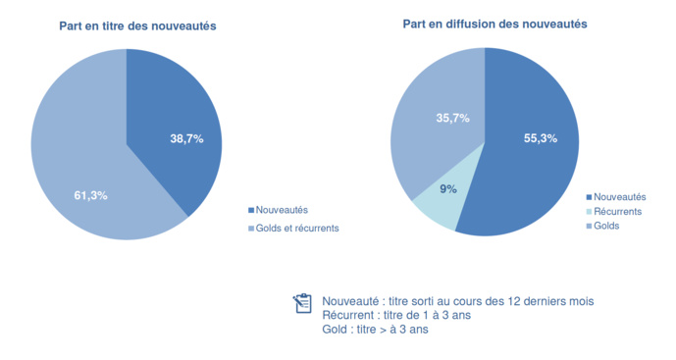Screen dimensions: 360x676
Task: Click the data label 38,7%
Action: [186, 139]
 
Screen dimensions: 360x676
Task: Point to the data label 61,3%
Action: [90, 195]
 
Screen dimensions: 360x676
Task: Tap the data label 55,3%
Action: [540, 138]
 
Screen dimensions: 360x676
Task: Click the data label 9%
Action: [447, 188]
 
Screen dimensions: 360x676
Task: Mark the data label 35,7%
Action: [452, 118]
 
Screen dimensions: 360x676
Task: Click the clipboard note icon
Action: [302, 303]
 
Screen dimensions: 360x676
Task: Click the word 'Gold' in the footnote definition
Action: [337, 330]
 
